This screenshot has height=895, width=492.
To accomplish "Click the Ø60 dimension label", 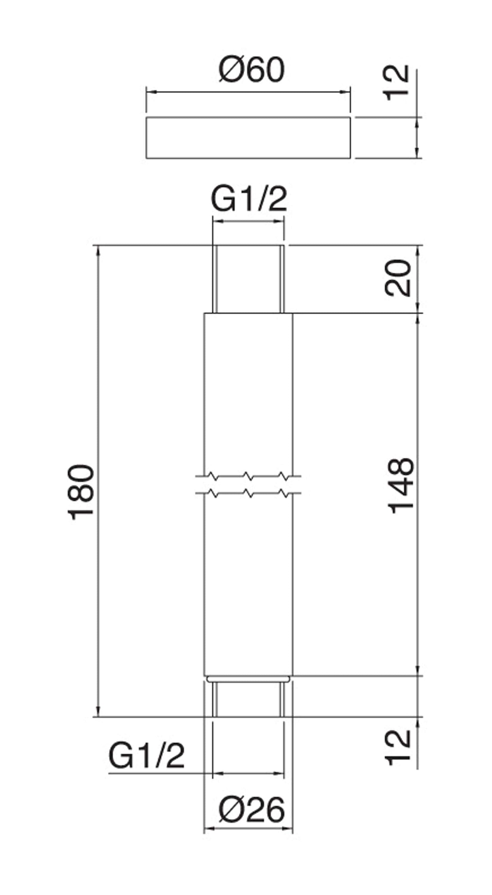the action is (x=252, y=70).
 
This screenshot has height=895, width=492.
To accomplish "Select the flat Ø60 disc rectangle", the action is (x=248, y=138).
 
